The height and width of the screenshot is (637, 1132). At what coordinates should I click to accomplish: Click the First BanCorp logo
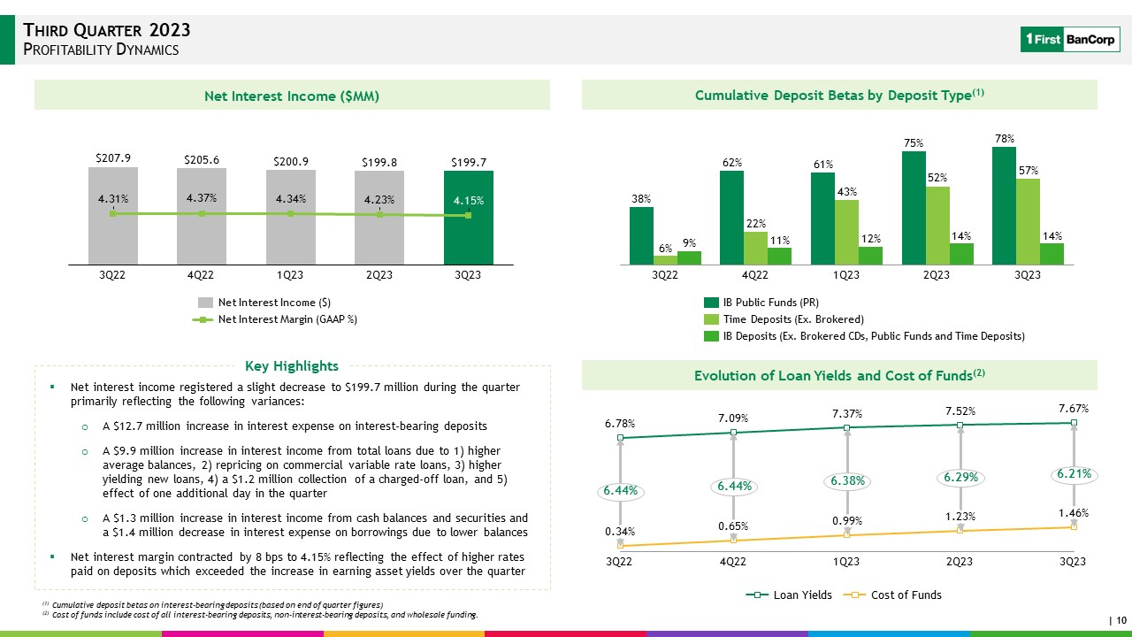pyautogui.click(x=1067, y=40)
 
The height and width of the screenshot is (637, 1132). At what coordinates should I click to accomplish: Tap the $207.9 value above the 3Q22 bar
pyautogui.click(x=113, y=158)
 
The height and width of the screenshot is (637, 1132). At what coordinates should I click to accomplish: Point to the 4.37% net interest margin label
pyautogui.click(x=203, y=197)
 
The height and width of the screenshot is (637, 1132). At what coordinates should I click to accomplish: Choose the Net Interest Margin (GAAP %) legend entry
pyautogui.click(x=274, y=319)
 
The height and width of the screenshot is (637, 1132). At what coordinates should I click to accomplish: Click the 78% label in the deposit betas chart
pyautogui.click(x=1004, y=139)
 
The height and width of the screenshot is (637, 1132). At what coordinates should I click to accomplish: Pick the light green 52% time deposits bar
pyautogui.click(x=937, y=225)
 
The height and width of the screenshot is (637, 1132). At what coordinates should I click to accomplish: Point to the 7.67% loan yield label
pyautogui.click(x=1073, y=409)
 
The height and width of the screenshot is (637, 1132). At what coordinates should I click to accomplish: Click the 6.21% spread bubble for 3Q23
pyautogui.click(x=1075, y=474)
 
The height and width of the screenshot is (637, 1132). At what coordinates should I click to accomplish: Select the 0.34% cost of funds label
pyautogui.click(x=620, y=531)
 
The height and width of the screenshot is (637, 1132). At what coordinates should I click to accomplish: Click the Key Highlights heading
pyautogui.click(x=292, y=366)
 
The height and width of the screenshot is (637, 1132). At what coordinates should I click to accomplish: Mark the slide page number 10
pyautogui.click(x=1121, y=620)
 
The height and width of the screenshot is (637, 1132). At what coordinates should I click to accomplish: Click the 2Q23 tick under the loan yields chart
pyautogui.click(x=960, y=562)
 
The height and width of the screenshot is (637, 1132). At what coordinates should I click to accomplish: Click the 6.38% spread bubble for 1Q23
pyautogui.click(x=847, y=480)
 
